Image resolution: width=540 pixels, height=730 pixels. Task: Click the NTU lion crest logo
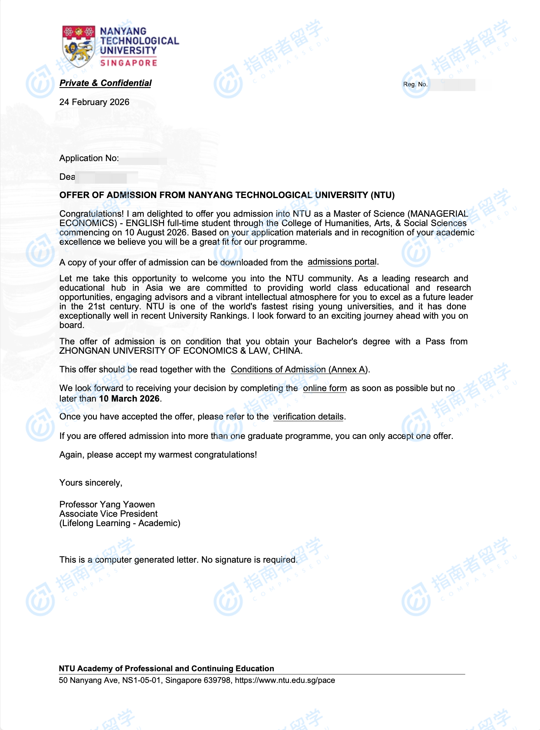pos(79,46)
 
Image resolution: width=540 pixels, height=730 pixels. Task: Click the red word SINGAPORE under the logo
pos(128,63)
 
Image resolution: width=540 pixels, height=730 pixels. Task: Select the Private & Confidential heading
pos(106,83)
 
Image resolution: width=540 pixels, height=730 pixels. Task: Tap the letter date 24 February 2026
pos(94,102)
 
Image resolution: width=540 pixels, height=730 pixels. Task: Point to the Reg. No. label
pos(415,84)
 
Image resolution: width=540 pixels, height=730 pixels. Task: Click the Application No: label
pos(89,158)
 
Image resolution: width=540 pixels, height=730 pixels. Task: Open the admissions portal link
pos(342,262)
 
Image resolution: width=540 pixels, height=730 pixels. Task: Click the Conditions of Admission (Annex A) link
pos(299,369)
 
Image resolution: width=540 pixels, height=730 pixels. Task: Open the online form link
pos(325,388)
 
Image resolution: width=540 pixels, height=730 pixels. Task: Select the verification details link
pos(308,417)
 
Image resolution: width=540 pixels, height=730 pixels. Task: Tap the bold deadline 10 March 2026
pos(129,398)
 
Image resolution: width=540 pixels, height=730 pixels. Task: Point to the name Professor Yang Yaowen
pos(107,504)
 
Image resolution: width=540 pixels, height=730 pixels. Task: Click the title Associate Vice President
pos(109,514)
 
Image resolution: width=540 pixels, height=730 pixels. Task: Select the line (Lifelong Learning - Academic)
pos(120,523)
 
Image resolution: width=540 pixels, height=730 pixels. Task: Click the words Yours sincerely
pos(91,483)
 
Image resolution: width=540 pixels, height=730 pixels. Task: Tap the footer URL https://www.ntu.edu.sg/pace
pos(285,680)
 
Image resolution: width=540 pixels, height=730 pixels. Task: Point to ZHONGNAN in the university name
pos(84,351)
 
